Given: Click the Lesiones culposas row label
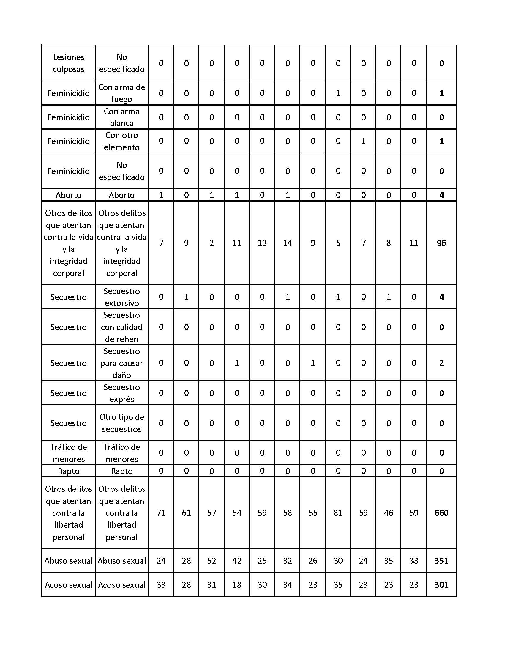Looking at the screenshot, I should (x=69, y=63).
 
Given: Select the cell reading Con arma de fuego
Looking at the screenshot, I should (x=121, y=93).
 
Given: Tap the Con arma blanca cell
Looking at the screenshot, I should (x=121, y=117).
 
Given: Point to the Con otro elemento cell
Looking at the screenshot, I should (x=121, y=141).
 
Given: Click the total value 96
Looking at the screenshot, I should (x=441, y=243).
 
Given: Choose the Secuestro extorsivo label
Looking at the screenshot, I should (x=121, y=297).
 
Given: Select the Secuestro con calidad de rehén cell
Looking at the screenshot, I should (x=121, y=327).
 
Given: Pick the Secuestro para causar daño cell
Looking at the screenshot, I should (x=121, y=363).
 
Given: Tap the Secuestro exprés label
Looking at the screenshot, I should (x=121, y=393).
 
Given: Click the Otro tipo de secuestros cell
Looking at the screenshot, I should (x=121, y=423).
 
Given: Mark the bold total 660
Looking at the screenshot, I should (x=441, y=513).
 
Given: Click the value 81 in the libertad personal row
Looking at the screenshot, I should (x=338, y=513).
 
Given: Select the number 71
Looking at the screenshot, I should (x=161, y=513).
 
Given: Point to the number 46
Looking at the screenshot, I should (x=388, y=513).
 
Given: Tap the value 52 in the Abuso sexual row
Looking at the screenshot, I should (x=212, y=561).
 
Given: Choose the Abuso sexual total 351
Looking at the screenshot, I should (x=441, y=561).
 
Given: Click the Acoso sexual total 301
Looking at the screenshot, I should (x=441, y=585).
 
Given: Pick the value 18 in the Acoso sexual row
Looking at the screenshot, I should (x=237, y=585).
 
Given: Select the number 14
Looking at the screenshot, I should (x=287, y=243).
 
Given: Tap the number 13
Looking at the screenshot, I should (x=262, y=243).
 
